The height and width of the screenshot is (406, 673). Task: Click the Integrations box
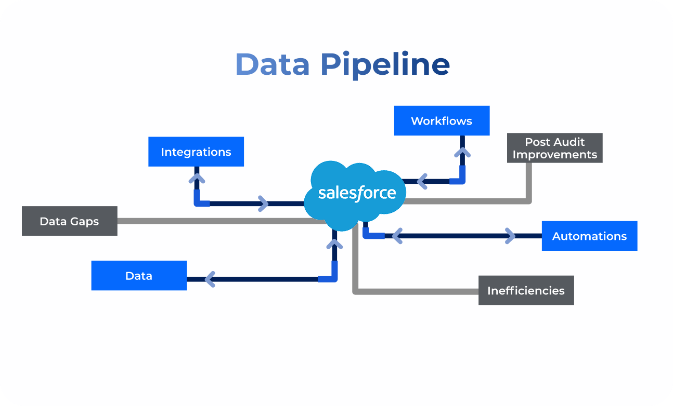point(196,152)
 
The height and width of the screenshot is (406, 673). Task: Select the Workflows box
point(442,121)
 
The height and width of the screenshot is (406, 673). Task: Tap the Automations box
point(589,236)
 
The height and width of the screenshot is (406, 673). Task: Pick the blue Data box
point(139,276)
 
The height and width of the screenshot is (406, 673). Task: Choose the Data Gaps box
point(69,221)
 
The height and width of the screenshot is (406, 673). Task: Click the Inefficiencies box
point(526,290)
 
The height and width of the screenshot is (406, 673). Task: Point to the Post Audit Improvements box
point(554,148)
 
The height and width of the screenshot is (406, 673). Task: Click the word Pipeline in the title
point(385,64)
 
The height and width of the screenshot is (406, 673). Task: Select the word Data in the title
point(272,64)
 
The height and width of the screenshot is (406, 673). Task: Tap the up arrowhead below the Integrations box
point(197,179)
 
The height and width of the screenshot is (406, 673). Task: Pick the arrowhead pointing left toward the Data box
point(210,279)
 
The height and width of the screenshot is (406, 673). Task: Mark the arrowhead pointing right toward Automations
point(510,236)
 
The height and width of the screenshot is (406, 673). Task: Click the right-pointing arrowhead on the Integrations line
point(263,204)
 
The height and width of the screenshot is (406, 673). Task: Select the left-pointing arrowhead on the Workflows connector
point(422,182)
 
